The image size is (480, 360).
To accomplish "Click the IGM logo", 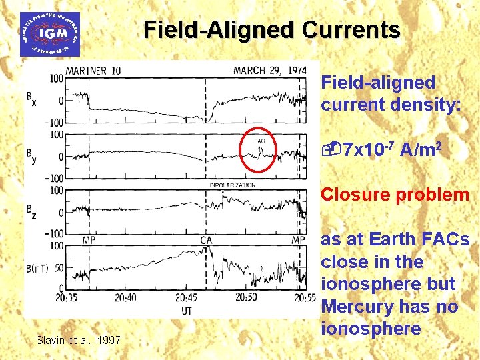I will tap(49, 34).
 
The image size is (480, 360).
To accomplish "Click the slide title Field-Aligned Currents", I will tap(271, 30).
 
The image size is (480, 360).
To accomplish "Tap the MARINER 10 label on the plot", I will tap(93, 71).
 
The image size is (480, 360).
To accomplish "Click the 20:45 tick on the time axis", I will tap(187, 298).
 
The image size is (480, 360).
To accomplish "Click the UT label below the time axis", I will tap(188, 310).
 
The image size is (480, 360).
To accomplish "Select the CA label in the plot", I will tap(207, 240).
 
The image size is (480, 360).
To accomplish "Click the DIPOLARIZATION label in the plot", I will tap(233, 185).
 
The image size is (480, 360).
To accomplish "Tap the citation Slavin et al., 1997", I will tap(79, 341).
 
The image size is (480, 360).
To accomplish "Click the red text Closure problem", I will tap(395, 195).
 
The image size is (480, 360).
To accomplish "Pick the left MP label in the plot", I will tap(88, 240).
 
